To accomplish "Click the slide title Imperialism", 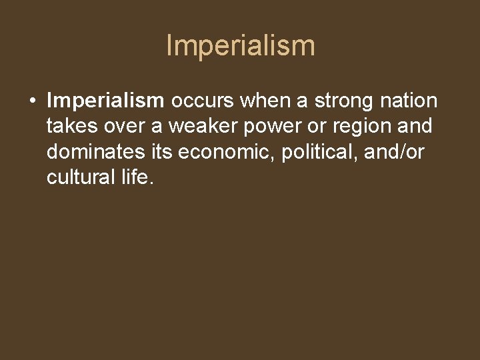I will tap(240, 46).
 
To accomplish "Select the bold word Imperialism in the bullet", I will tap(105, 101).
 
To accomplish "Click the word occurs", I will tap(203, 101).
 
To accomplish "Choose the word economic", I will tap(226, 152).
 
